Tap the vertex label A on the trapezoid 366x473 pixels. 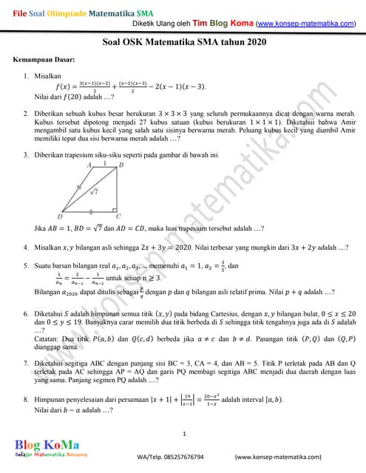click(x=89, y=165)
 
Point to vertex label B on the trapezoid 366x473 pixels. click(x=121, y=165)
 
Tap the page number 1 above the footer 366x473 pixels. click(x=183, y=432)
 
